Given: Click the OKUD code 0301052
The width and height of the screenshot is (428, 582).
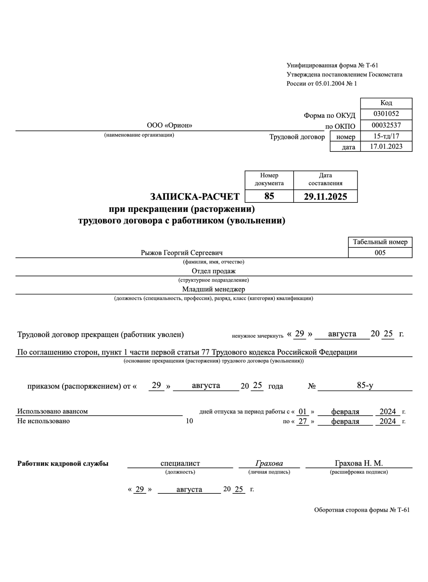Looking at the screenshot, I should tap(386, 114).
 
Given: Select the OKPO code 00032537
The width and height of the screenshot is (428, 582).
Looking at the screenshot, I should tap(386, 125).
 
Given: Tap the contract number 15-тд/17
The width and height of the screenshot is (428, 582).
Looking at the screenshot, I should tap(386, 136).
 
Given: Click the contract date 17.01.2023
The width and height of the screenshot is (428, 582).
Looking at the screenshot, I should tap(386, 147).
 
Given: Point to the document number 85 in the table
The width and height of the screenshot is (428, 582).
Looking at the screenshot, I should tap(269, 196).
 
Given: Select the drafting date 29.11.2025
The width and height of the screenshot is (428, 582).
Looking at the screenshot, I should tap(325, 197).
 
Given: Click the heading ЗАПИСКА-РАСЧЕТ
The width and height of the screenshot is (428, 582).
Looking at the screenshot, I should tap(195, 197).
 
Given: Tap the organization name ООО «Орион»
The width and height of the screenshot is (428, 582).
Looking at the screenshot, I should tap(169, 125).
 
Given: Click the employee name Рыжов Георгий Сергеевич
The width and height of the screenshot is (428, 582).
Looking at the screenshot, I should tap(182, 253).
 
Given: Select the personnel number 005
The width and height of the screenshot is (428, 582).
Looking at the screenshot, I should tap(380, 253).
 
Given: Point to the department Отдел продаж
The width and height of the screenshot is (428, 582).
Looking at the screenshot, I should tap(213, 271).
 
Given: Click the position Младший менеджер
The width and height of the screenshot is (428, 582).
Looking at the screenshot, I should tap(213, 289).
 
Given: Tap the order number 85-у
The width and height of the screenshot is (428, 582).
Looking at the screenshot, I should tap(365, 385).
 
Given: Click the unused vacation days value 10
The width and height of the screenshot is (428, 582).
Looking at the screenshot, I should tap(189, 421).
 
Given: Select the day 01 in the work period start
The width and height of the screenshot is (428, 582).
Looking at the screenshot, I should tap(302, 412).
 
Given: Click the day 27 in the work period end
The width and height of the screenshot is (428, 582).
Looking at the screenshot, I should tap(302, 421).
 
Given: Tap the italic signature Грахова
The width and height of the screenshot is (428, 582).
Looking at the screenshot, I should tap(269, 463).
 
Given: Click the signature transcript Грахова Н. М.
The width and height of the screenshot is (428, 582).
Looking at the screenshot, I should tap(359, 463).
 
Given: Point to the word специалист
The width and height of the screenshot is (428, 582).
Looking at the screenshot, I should tap(180, 463).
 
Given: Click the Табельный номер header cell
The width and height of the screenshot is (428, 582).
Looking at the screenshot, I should tap(380, 242).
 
